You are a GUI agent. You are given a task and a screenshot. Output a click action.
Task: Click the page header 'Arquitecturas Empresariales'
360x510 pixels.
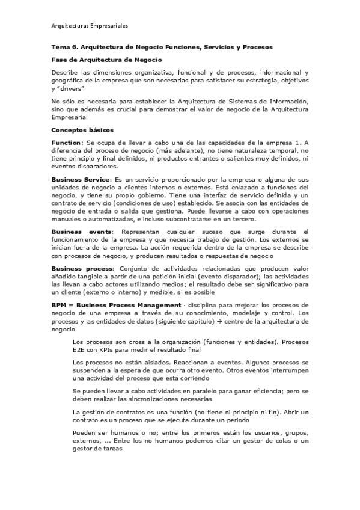pyautogui.click(x=90, y=26)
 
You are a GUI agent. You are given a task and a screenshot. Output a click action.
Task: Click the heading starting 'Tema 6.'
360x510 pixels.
pyautogui.click(x=162, y=46)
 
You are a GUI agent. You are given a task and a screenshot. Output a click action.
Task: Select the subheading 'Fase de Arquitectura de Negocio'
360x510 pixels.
pyautogui.click(x=106, y=60)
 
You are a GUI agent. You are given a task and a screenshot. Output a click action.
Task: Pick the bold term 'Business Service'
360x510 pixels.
pyautogui.click(x=81, y=179)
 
